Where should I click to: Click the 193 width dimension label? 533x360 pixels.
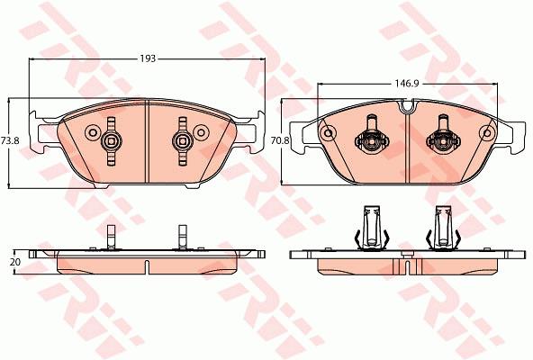point(148,58)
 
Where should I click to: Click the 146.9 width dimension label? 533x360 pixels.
point(406,84)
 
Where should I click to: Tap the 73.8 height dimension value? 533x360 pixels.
point(10,140)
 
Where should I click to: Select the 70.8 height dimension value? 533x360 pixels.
point(279,140)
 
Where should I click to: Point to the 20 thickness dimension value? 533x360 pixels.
point(15,262)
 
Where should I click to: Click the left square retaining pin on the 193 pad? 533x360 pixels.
point(111,140)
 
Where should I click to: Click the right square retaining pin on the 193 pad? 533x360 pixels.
point(182,140)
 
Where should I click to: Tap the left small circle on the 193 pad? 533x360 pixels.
point(92,132)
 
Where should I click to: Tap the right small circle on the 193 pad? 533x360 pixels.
point(202,132)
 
